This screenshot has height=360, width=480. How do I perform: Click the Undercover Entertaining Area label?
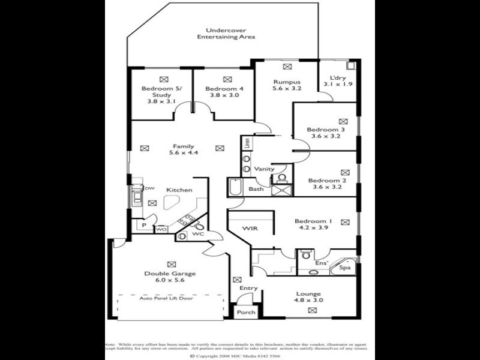(x=226, y=34)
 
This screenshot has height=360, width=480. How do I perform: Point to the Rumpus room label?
(x=287, y=82)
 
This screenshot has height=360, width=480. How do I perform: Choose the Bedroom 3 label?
(x=326, y=130)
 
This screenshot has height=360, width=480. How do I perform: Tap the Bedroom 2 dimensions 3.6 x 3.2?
(x=327, y=187)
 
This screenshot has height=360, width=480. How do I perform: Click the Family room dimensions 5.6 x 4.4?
(x=184, y=153)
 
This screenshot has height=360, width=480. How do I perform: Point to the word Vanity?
(x=264, y=169)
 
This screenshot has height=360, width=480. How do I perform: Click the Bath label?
(x=256, y=189)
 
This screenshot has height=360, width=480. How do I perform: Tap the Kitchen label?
(x=179, y=190)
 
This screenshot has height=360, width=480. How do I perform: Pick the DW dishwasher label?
(x=149, y=188)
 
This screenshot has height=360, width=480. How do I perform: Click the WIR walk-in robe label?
(x=250, y=229)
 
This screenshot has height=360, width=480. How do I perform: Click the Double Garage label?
(x=170, y=274)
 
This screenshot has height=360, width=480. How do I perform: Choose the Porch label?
(x=246, y=312)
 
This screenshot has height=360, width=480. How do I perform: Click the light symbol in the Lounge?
(x=312, y=310)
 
